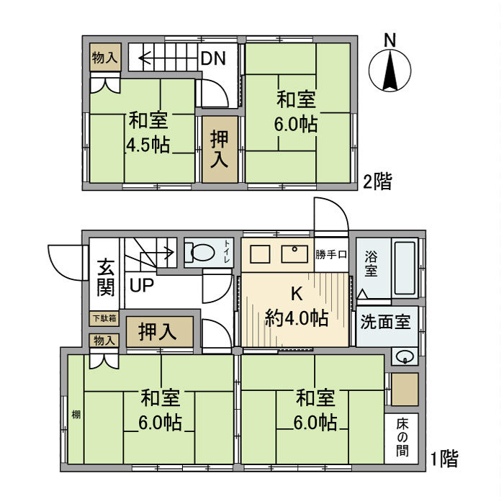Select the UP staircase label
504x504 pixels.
141,284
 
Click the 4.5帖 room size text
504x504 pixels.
148,145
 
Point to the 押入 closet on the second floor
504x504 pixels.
218,149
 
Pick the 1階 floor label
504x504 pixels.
444,458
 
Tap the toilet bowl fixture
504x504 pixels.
202,253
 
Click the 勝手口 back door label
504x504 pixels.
332,254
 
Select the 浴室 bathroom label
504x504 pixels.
371,264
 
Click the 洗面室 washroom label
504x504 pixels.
385,322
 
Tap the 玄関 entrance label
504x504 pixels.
105,276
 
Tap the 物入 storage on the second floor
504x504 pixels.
105,58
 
